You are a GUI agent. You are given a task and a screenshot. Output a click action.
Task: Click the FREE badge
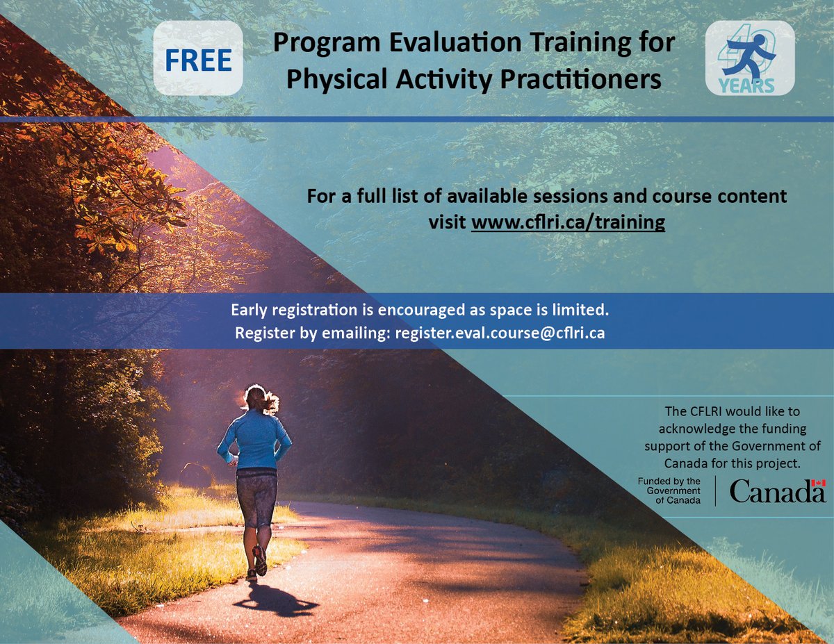pyautogui.click(x=198, y=61)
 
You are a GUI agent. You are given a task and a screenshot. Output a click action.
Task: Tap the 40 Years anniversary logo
pyautogui.click(x=750, y=58)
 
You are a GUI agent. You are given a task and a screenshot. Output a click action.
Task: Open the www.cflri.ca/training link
pyautogui.click(x=568, y=223)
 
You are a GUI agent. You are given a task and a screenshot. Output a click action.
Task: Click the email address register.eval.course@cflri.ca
pyautogui.click(x=500, y=333)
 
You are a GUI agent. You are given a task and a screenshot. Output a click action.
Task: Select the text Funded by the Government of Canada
pyautogui.click(x=669, y=491)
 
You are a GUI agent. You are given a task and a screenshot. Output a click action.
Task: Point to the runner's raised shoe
pyautogui.click(x=260, y=561)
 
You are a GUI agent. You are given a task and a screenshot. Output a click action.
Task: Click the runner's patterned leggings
pyautogui.click(x=256, y=497)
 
